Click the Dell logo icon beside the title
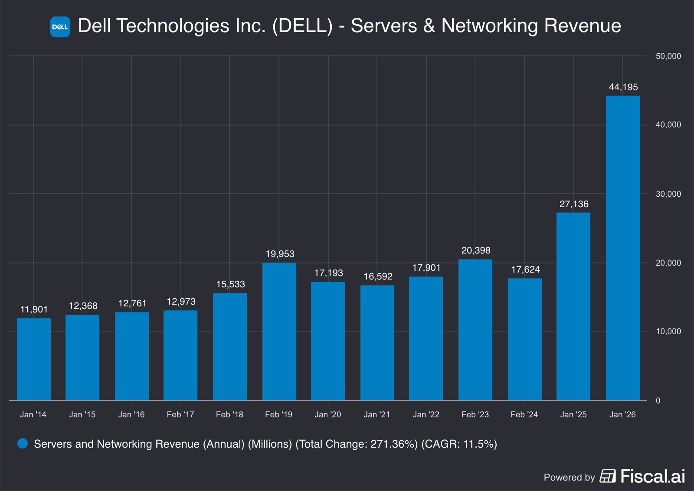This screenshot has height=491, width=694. (60, 27)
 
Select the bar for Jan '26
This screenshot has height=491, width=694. (623, 248)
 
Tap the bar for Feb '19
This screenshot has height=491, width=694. (279, 332)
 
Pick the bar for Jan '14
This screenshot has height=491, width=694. (34, 359)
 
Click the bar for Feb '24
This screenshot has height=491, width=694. (525, 339)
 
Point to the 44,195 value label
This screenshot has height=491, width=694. (623, 87)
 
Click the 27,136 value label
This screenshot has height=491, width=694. (574, 204)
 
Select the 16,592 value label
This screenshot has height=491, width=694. (378, 276)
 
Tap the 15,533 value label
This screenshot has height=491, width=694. (230, 284)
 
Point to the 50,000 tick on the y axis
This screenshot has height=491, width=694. (668, 56)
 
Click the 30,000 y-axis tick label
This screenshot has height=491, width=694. (668, 194)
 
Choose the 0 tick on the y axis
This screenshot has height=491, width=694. (658, 400)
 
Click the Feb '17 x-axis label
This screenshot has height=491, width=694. (180, 415)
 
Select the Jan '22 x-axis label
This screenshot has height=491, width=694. (426, 415)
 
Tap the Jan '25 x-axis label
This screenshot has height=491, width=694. (573, 415)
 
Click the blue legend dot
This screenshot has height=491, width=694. (23, 443)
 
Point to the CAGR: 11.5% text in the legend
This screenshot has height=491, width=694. (459, 444)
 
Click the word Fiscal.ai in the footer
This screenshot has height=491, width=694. (653, 476)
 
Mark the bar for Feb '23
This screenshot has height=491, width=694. (475, 330)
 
